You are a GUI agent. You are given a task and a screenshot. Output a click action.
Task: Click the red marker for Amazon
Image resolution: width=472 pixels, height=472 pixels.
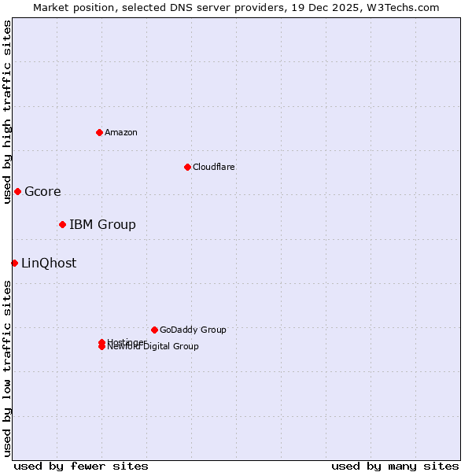(99, 132)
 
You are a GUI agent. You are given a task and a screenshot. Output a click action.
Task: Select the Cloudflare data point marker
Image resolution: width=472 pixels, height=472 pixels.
(187, 167)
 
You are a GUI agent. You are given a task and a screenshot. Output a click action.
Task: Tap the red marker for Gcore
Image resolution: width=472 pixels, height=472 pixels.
(17, 191)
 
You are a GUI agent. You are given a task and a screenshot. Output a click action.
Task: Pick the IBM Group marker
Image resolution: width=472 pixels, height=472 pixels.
(62, 224)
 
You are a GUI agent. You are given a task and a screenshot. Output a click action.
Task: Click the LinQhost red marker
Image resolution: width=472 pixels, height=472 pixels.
(14, 263)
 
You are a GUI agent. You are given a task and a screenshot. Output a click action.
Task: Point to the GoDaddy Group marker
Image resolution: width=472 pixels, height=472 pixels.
(154, 330)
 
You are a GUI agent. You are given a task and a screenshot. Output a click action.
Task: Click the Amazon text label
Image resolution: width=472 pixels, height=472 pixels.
(120, 132)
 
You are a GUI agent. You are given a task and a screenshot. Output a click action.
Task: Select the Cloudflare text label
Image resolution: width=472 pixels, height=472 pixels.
(213, 167)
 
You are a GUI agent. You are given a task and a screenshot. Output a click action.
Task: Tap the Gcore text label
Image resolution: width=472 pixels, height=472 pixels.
(42, 191)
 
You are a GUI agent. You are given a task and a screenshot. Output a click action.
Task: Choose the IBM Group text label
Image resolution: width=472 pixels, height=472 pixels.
(102, 224)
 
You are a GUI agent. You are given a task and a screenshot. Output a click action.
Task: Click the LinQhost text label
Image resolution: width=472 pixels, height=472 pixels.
(49, 263)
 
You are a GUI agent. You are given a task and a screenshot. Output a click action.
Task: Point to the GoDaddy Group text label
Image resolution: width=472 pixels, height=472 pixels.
(193, 330)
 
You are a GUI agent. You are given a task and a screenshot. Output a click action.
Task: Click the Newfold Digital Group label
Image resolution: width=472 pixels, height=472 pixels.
(153, 347)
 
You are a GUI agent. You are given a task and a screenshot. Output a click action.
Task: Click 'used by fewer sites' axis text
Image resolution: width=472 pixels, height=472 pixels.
(81, 466)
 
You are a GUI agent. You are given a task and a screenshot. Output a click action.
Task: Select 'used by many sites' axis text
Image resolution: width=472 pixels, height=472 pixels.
(395, 466)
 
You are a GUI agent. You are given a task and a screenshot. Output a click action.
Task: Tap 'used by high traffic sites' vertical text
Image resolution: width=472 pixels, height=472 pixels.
(7, 112)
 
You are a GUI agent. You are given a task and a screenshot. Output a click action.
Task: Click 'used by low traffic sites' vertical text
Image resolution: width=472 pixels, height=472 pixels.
(7, 367)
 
